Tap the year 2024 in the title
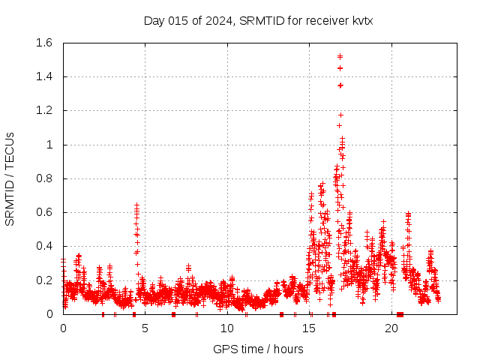tap(215, 20)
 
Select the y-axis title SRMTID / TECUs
tap(10, 178)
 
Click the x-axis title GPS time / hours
tap(258, 349)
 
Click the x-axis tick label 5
tap(145, 328)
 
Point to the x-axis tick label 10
tap(227, 328)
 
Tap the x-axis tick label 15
tap(310, 328)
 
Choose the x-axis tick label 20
tap(391, 328)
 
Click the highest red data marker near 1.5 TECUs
tap(340, 56)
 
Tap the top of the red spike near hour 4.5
tap(136, 205)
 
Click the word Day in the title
tap(154, 20)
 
